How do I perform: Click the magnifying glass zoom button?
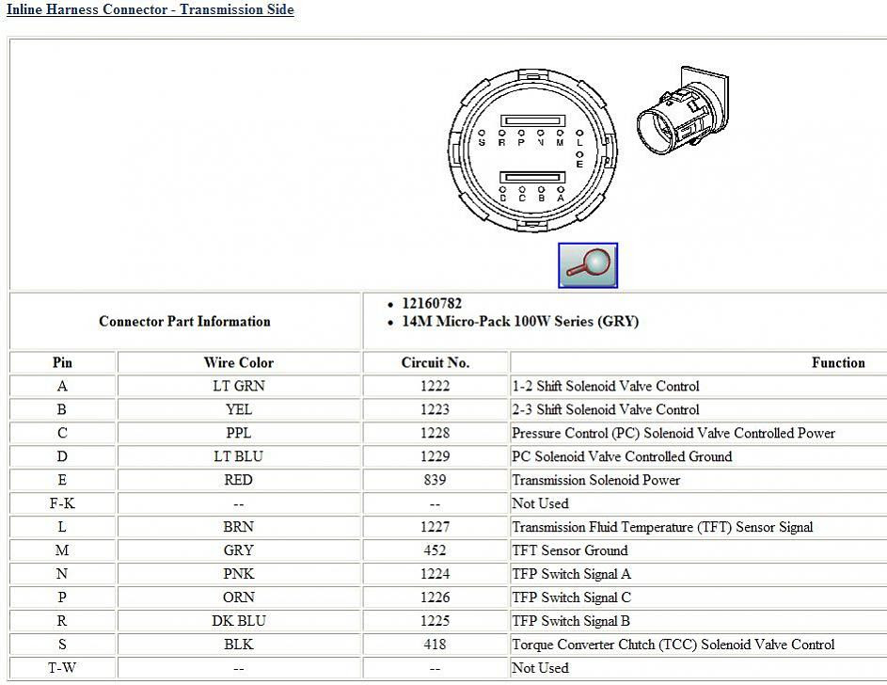[588, 265]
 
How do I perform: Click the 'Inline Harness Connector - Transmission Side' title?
[150, 10]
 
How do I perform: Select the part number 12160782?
[432, 304]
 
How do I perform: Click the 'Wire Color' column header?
[239, 362]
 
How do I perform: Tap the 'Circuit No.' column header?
[436, 362]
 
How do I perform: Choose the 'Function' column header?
[838, 362]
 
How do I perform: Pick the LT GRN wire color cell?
[239, 386]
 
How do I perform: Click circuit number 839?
[436, 480]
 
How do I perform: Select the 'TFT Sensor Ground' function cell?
[569, 550]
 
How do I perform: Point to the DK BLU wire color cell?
[239, 621]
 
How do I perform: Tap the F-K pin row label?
[62, 503]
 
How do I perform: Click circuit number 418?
[436, 645]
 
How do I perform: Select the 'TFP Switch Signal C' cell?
[571, 597]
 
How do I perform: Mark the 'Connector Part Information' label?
[184, 322]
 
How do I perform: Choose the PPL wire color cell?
[239, 433]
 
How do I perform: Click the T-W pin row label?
[62, 668]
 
